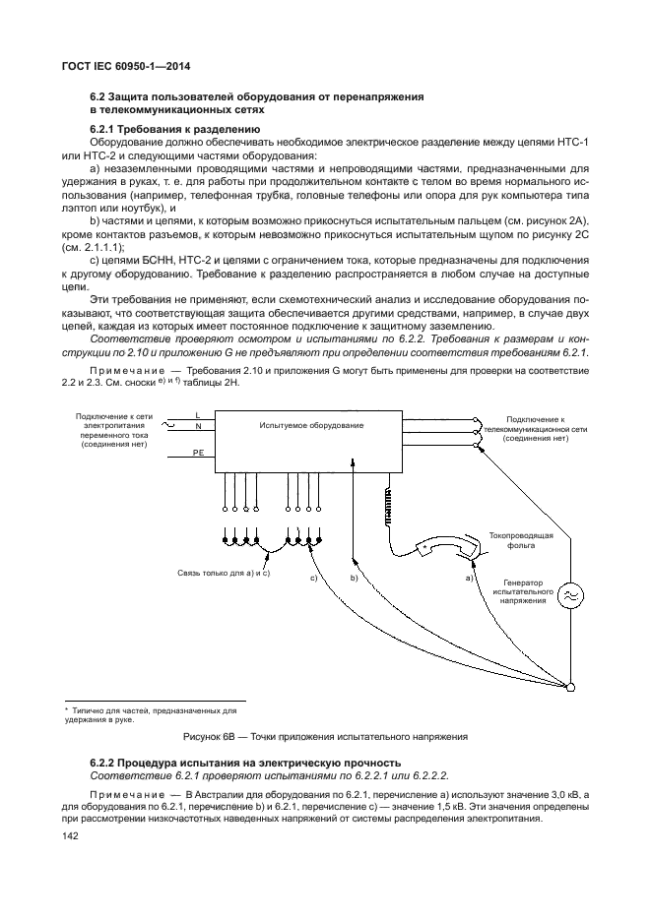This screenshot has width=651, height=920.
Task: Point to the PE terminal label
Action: (x=197, y=452)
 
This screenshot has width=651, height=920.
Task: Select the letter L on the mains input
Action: (x=197, y=415)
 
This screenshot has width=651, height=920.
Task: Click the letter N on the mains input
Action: (x=197, y=427)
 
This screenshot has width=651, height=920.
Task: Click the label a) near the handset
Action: (x=470, y=578)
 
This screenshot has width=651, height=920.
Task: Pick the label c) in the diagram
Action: (x=312, y=578)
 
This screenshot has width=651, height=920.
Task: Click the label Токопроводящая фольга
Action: (x=521, y=540)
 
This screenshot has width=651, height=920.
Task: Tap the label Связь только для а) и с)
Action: (x=224, y=572)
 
